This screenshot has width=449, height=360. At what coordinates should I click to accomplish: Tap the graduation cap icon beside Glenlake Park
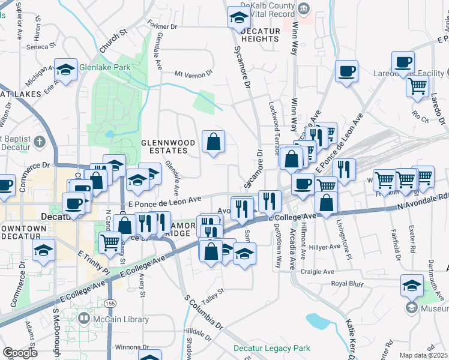[65, 71]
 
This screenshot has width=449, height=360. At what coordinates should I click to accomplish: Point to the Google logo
[20, 352]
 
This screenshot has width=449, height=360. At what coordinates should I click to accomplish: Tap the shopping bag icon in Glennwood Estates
[213, 143]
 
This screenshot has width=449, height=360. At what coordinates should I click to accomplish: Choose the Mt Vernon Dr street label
[193, 74]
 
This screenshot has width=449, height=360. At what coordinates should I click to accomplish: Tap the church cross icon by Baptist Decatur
[40, 142]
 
